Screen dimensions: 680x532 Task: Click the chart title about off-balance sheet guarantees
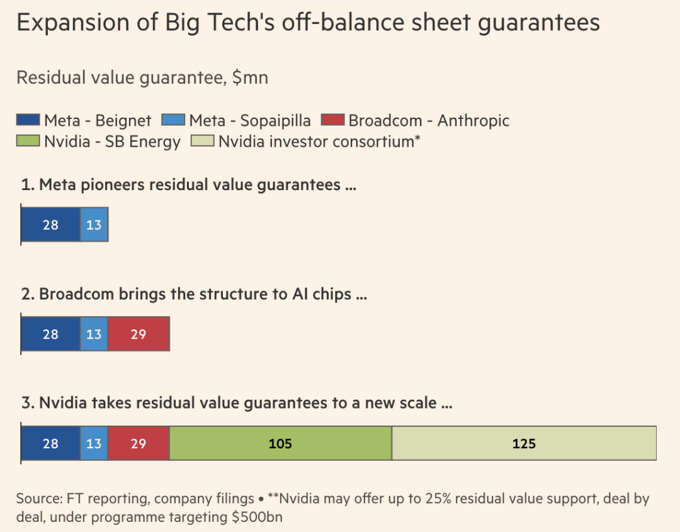[308, 23]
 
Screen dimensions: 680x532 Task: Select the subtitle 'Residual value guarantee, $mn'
[142, 78]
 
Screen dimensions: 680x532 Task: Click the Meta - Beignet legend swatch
[28, 120]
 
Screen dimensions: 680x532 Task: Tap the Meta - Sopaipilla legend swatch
[173, 120]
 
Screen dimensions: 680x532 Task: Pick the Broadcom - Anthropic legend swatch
[332, 120]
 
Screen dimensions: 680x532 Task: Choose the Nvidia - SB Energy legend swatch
[28, 140]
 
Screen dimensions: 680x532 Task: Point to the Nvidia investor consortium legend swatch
[203, 140]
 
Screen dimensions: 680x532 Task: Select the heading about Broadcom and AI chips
[194, 294]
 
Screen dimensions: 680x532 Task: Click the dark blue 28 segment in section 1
[51, 225]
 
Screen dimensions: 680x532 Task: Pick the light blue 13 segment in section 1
[94, 225]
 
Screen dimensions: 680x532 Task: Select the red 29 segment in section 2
[139, 334]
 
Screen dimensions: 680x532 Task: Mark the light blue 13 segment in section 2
[94, 334]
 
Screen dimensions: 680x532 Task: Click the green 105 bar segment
[281, 443]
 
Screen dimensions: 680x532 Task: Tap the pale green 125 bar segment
[524, 443]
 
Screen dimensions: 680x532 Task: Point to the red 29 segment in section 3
[139, 443]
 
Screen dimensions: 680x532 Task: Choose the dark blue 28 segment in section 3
[51, 443]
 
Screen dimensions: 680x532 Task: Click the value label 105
[280, 444]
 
